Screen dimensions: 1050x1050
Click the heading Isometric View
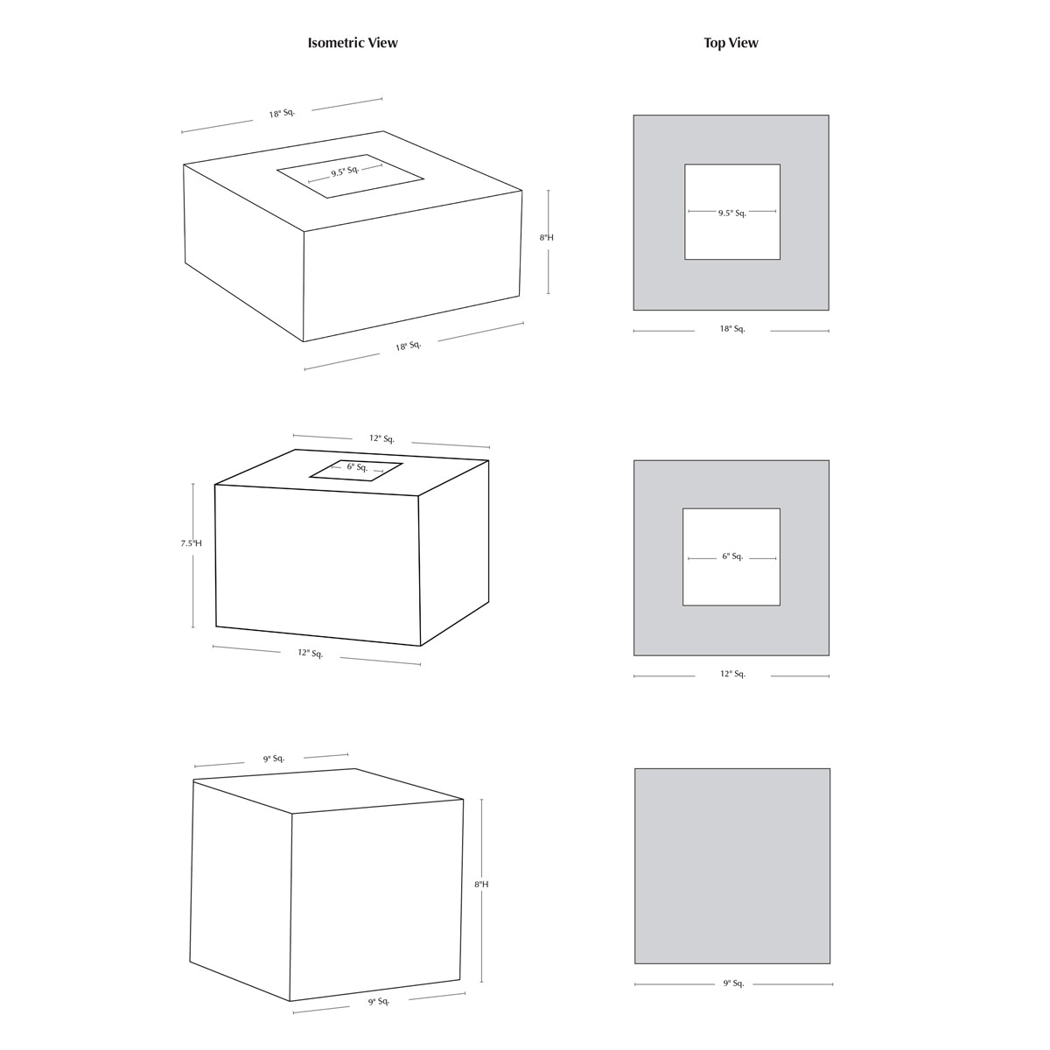pyautogui.click(x=353, y=43)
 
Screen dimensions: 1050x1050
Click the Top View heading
pyautogui.click(x=731, y=43)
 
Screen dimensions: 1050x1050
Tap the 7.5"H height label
pyautogui.click(x=192, y=543)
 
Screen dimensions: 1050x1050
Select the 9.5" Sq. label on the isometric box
pyautogui.click(x=345, y=171)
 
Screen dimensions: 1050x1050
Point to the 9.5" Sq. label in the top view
pyautogui.click(x=731, y=213)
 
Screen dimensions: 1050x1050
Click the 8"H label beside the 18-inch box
pyautogui.click(x=547, y=238)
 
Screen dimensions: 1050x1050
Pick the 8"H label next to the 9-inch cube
pyautogui.click(x=481, y=885)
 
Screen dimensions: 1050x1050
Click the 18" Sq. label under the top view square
pyautogui.click(x=731, y=329)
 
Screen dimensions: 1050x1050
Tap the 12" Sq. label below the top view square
pyautogui.click(x=732, y=674)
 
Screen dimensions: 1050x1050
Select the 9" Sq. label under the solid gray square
pyautogui.click(x=733, y=983)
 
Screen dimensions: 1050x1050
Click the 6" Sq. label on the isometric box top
pyautogui.click(x=358, y=467)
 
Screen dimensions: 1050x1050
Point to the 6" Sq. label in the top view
pyautogui.click(x=732, y=556)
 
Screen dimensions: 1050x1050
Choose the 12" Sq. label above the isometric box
pyautogui.click(x=381, y=438)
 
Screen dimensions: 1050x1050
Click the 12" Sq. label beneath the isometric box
pyautogui.click(x=310, y=654)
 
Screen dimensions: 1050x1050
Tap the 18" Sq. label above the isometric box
pyautogui.click(x=282, y=114)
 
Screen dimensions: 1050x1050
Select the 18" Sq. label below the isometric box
pyautogui.click(x=408, y=346)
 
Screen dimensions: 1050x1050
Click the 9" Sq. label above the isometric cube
pyautogui.click(x=274, y=759)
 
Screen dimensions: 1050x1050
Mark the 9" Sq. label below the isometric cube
pyautogui.click(x=379, y=1002)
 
